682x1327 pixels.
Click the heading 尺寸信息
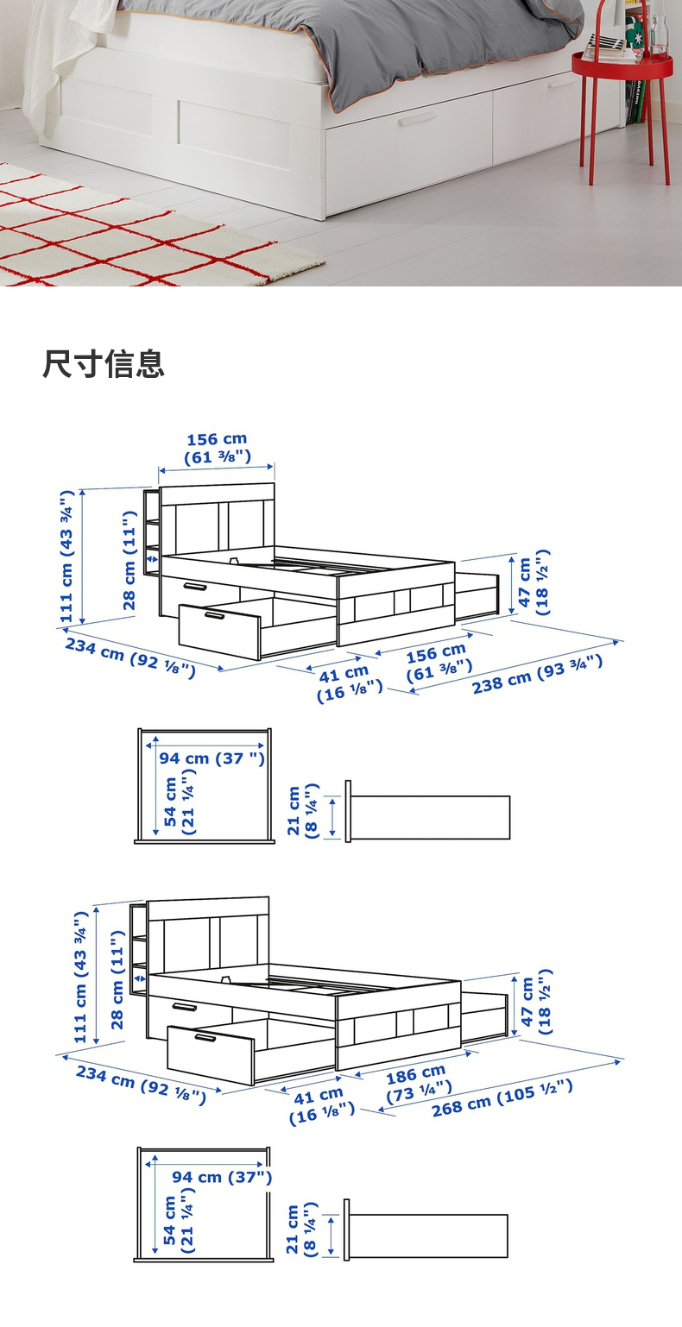(x=104, y=364)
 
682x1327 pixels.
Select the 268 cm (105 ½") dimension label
(x=502, y=1097)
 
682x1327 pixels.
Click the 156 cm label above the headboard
(x=217, y=447)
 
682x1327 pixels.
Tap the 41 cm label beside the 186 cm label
(x=321, y=1104)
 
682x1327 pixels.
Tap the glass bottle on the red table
(x=661, y=35)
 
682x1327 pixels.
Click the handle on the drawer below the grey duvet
(x=418, y=119)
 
